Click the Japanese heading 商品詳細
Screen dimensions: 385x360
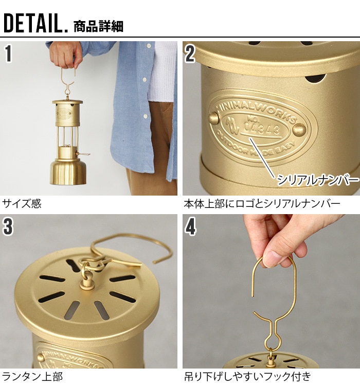(x=98, y=26)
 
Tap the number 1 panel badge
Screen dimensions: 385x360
(x=9, y=54)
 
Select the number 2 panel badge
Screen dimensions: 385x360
(x=190, y=54)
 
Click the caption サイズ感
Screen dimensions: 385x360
(x=22, y=204)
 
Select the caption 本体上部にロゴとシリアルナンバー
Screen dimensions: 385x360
(x=261, y=204)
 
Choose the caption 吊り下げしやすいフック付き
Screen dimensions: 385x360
(x=247, y=376)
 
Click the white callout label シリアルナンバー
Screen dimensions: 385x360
(x=317, y=180)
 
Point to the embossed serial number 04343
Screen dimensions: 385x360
(x=263, y=128)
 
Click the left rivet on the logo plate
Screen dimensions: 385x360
(x=213, y=118)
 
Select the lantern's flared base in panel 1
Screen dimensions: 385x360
(x=68, y=172)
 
